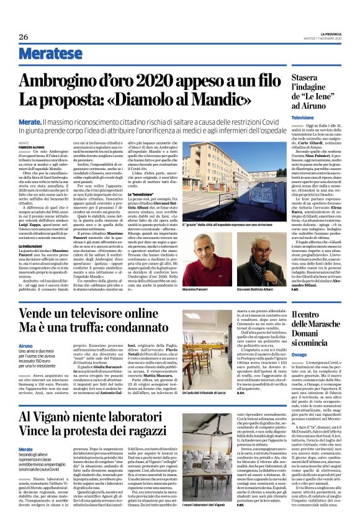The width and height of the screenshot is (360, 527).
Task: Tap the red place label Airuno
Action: [25, 346]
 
